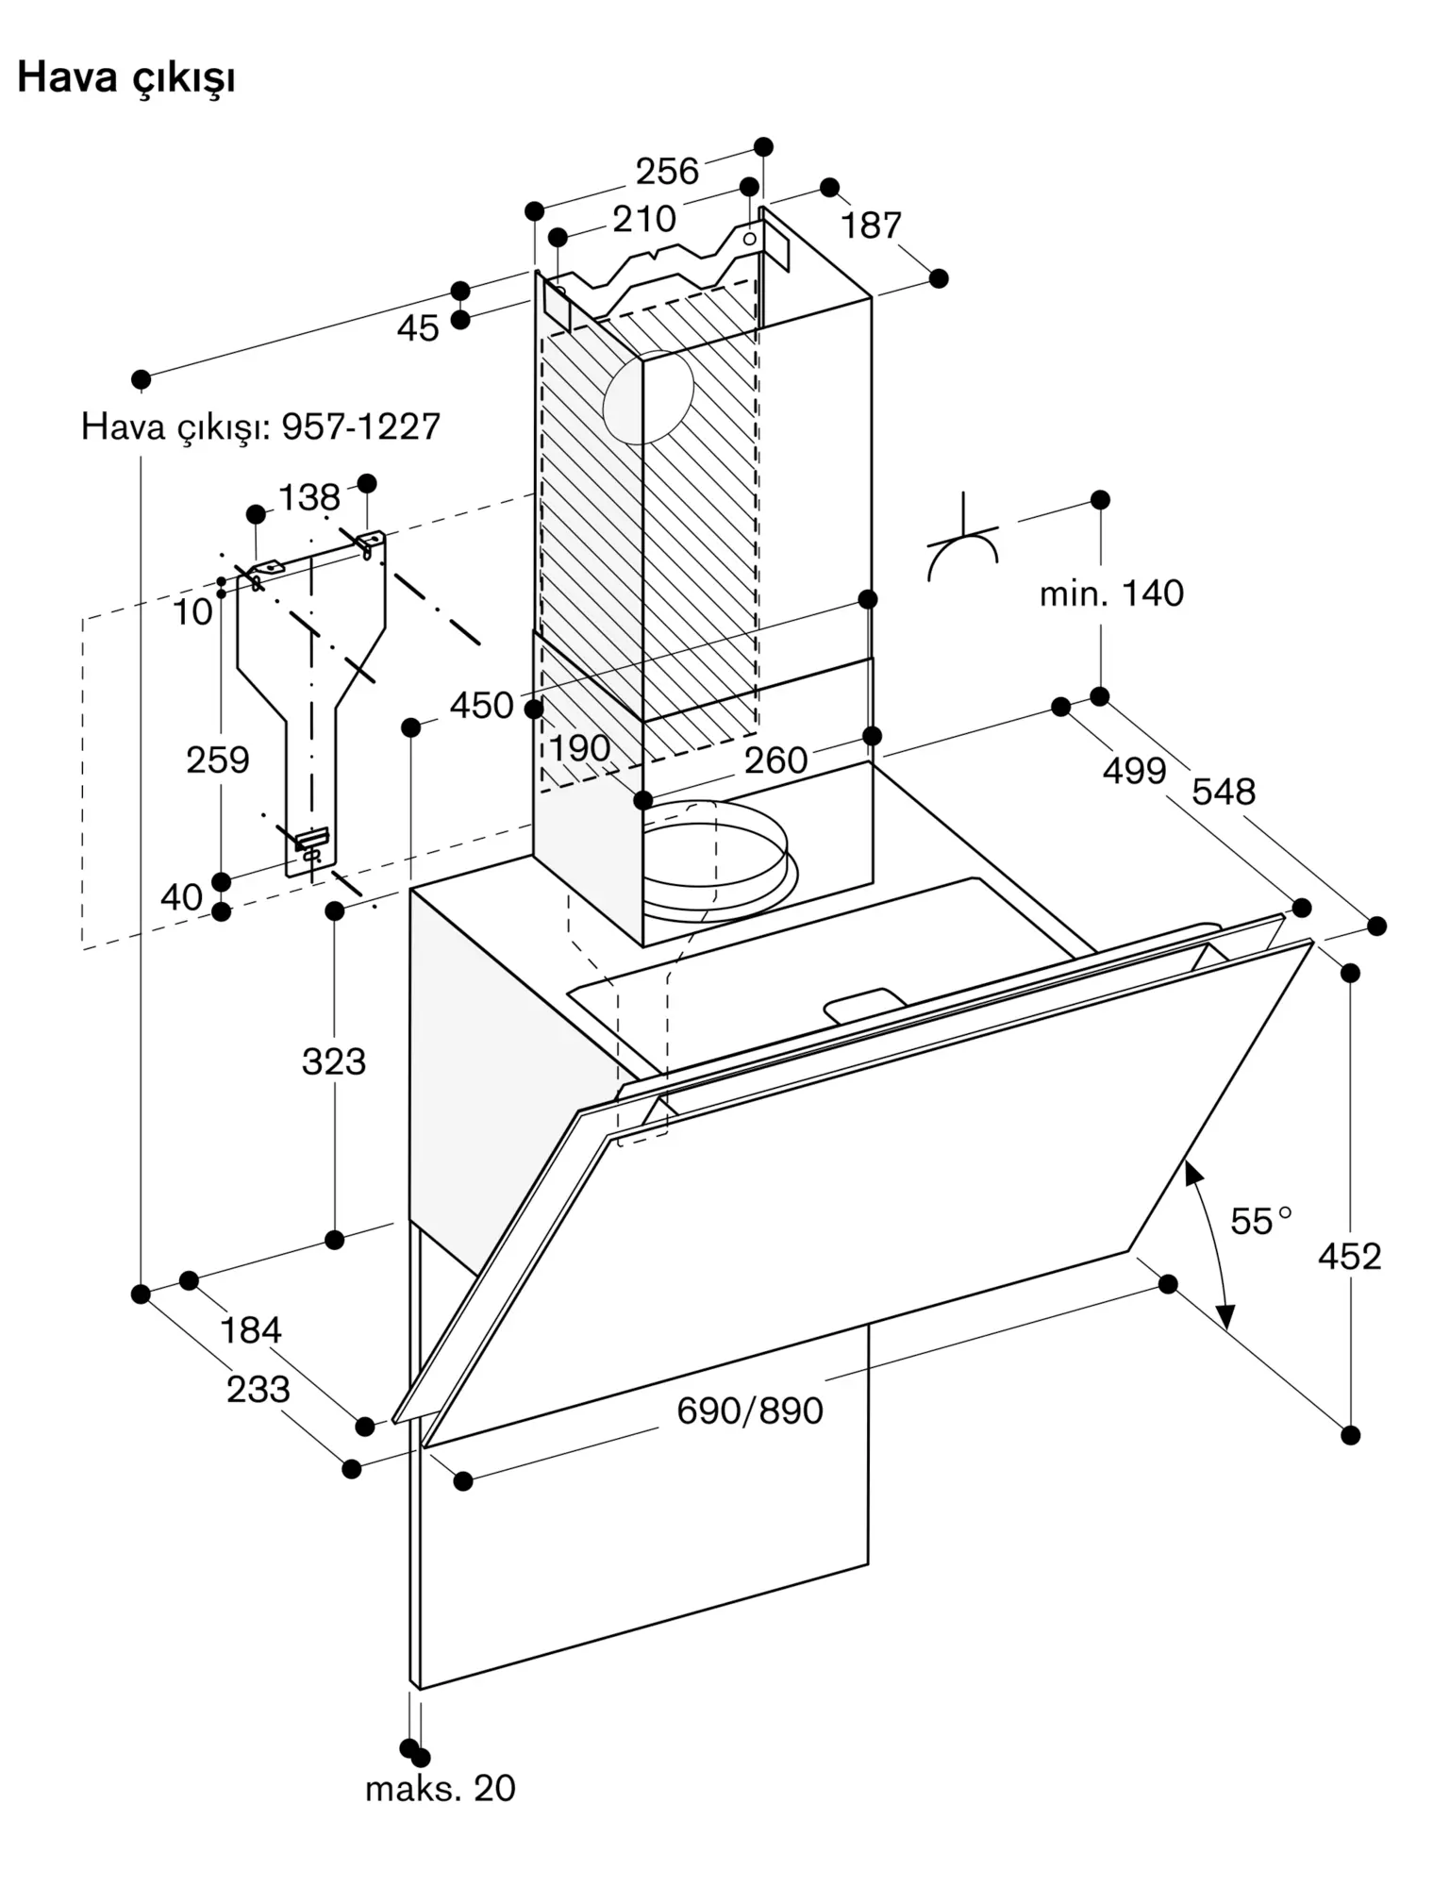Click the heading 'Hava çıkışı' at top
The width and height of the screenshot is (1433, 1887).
126,78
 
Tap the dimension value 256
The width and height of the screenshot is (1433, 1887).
667,171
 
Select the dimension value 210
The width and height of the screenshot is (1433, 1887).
644,219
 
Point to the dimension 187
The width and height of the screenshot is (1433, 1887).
871,225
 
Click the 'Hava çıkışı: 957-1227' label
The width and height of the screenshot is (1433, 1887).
260,426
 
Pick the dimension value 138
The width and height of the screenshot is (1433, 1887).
309,496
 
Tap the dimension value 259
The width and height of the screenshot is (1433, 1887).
218,760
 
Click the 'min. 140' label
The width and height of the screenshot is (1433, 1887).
1111,593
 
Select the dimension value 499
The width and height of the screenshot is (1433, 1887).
1135,771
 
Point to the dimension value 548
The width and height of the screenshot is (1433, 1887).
1224,791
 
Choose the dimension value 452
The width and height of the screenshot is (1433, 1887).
1350,1256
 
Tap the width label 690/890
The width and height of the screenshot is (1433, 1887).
750,1411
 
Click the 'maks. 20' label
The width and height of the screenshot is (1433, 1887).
441,1788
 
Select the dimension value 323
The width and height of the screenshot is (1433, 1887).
334,1061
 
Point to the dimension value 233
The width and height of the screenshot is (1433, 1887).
258,1389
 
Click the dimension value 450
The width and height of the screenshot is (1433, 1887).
481,705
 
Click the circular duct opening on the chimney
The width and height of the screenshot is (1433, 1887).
648,396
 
